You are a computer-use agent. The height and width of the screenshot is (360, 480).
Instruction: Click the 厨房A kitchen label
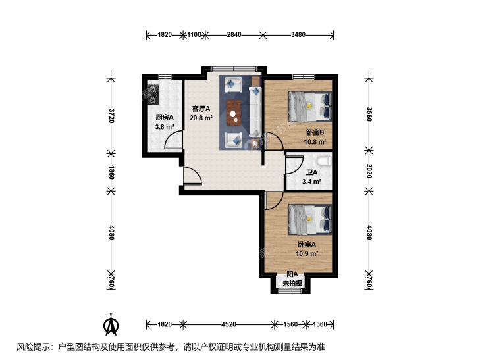(165, 117)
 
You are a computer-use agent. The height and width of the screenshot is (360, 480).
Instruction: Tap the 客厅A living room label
(201, 109)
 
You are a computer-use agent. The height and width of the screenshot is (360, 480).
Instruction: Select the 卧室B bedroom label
(315, 132)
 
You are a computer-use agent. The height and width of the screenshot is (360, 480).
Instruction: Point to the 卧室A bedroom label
(307, 244)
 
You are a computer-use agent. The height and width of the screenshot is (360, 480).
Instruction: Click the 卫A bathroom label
(311, 172)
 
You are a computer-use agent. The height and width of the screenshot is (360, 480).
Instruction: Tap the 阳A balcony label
(292, 274)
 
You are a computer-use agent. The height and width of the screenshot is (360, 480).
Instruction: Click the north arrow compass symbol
(111, 324)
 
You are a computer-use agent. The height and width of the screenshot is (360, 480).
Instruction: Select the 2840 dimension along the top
(234, 35)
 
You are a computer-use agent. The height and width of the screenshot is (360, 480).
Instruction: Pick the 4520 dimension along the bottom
(228, 324)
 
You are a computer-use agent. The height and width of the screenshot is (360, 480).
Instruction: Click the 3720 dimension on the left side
(111, 116)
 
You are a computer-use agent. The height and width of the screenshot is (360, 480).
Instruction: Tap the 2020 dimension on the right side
(369, 171)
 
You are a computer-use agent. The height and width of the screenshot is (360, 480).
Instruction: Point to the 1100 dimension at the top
(194, 35)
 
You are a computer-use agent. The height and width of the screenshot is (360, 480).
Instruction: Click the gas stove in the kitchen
(153, 94)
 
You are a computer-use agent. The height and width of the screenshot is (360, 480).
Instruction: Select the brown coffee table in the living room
(234, 113)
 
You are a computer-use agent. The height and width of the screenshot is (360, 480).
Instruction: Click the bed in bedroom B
(310, 106)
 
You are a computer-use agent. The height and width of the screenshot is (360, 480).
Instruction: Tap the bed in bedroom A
(310, 219)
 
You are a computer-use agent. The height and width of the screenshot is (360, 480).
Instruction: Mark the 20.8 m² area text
(201, 118)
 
